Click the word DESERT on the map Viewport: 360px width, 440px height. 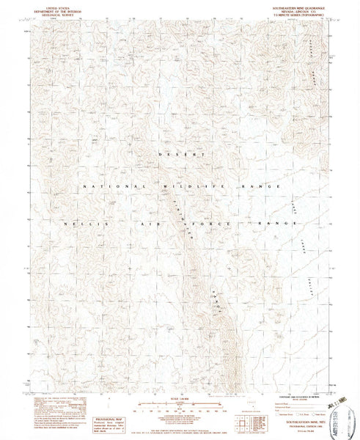(x=180, y=157)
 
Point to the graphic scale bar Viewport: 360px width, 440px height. (x=178, y=406)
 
